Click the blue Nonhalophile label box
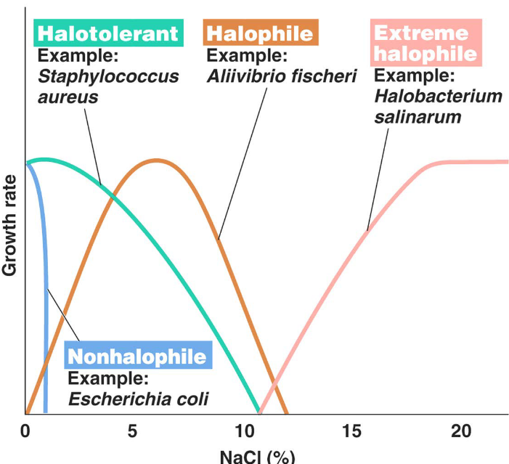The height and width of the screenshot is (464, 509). tap(137, 357)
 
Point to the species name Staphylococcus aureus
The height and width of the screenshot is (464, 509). tap(107, 86)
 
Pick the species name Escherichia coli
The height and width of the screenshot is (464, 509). tap(137, 399)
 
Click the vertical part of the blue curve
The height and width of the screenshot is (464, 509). tap(45, 327)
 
